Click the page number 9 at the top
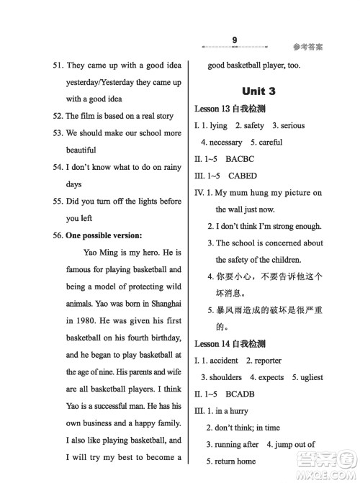point(235,40)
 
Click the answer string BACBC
point(246,158)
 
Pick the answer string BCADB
point(246,394)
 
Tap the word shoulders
point(225,377)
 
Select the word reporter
point(264,361)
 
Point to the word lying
point(220,125)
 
